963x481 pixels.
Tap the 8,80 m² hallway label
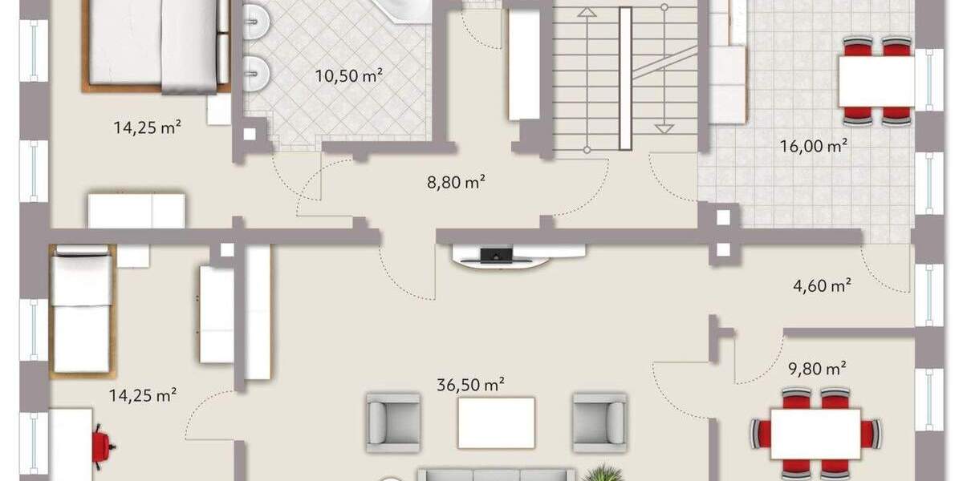point(456,182)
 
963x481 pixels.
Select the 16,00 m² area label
point(815,146)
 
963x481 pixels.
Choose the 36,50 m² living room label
point(470,385)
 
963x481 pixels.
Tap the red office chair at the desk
point(102,446)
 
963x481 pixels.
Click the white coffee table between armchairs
point(496,422)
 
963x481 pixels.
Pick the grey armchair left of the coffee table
point(392,422)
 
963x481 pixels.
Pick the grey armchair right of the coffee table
point(599,422)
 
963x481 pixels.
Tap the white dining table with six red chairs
point(815,434)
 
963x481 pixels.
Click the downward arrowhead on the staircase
point(663,128)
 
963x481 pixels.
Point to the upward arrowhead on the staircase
point(587,13)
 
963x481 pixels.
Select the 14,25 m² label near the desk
point(143,394)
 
